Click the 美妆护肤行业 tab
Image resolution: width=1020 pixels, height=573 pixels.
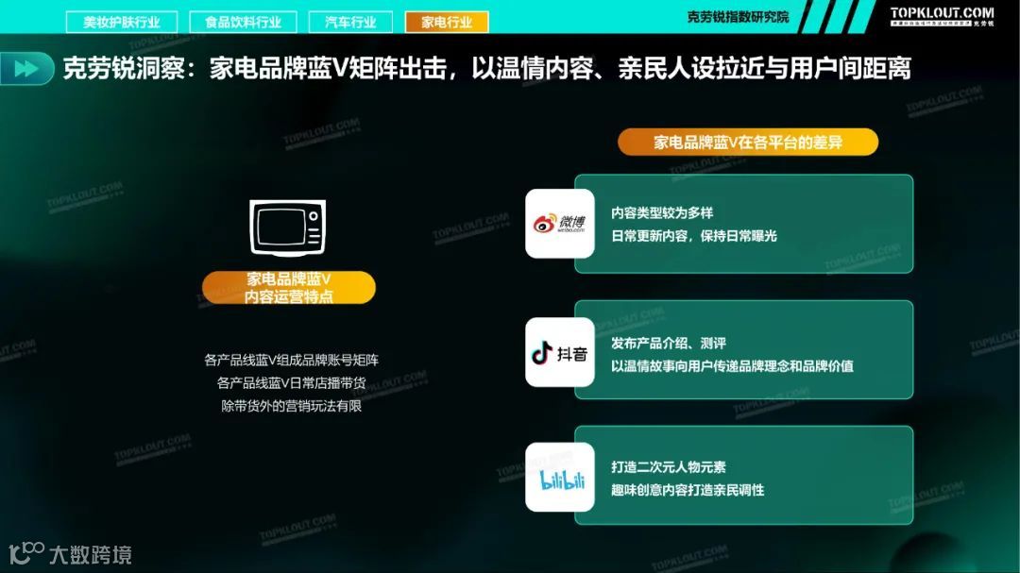[121, 22]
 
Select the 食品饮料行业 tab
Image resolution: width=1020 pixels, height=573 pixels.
[243, 22]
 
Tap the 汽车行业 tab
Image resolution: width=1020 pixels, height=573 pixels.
[349, 22]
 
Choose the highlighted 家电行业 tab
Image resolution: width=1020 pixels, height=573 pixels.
[446, 22]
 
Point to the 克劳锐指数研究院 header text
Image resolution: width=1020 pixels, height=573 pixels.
[738, 17]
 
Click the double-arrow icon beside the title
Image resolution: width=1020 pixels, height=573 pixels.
[27, 69]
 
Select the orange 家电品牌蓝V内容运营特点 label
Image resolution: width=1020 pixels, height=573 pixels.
[289, 288]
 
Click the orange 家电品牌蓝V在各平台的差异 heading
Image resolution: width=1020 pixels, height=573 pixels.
[748, 143]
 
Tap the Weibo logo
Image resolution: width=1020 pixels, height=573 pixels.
[559, 224]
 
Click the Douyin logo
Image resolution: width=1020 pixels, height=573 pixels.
[559, 353]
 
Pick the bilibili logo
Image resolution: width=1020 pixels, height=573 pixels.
[560, 478]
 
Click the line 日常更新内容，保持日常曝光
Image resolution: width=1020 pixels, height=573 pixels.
[693, 236]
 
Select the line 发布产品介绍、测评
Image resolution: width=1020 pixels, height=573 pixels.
[669, 343]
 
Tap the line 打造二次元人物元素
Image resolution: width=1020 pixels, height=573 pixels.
[669, 467]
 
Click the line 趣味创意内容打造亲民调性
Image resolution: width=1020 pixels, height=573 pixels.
[688, 490]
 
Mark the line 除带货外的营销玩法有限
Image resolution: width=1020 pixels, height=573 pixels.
[291, 407]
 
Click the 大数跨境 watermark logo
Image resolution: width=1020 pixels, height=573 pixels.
[71, 553]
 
